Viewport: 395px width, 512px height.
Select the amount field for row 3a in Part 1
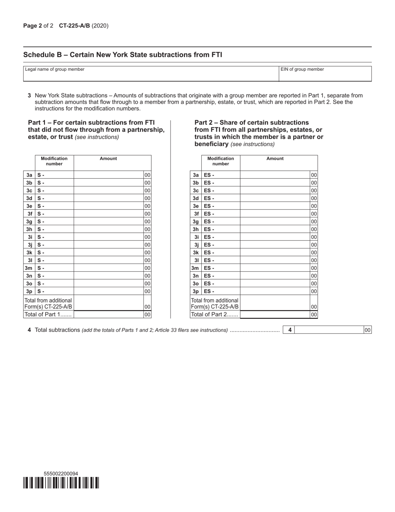click(x=109, y=175)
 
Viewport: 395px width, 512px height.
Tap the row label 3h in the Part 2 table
click(x=196, y=229)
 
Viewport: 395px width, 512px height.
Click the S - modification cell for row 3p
click(x=54, y=291)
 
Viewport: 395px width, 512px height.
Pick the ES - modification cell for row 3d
click(x=220, y=199)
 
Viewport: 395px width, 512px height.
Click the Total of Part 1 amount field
click(x=109, y=315)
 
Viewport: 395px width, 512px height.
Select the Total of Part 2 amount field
click(x=275, y=315)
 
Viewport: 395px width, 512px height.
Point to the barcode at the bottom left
click(x=61, y=483)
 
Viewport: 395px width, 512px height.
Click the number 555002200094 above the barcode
click(x=61, y=474)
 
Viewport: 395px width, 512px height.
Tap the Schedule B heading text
click(x=123, y=55)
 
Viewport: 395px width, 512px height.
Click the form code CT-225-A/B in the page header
click(x=80, y=26)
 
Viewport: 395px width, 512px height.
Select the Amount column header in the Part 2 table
click(x=275, y=159)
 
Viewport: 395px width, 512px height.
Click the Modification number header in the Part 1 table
click(x=54, y=161)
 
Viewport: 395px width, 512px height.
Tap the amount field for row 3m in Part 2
click(x=275, y=268)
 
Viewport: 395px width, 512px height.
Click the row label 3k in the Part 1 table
click(x=29, y=253)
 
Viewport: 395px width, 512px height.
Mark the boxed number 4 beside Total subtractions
click(x=290, y=330)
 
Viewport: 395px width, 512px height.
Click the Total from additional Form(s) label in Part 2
click(x=215, y=303)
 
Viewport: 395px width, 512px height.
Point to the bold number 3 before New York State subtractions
click(x=30, y=95)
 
